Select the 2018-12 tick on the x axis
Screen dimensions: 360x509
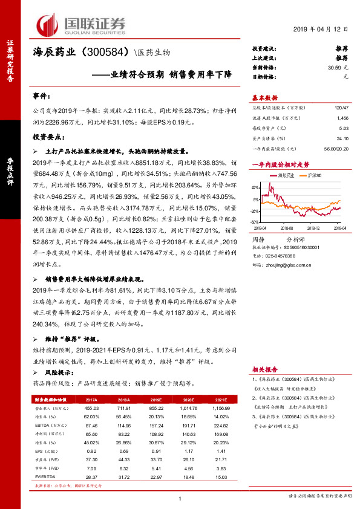315,227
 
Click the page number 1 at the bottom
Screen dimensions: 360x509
180,497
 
